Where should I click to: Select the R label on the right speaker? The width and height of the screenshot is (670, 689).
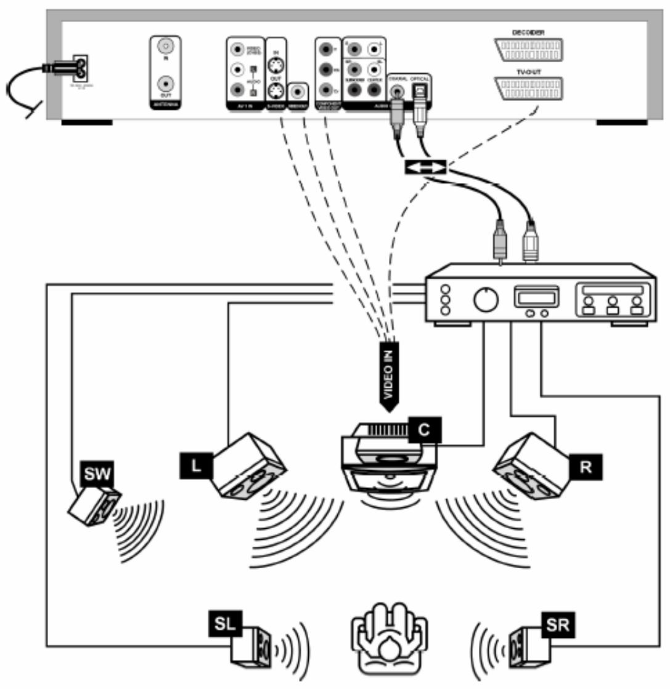tap(586, 467)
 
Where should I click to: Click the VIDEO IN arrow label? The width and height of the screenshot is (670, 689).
tap(388, 375)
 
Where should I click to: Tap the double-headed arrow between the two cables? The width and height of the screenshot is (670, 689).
tap(425, 168)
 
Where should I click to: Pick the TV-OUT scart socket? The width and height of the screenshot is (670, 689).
tap(528, 89)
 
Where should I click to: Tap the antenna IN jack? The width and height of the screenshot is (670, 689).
tap(165, 47)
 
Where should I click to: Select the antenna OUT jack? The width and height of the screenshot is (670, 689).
tap(165, 84)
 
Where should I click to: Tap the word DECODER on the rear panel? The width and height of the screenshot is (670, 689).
tap(528, 32)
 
